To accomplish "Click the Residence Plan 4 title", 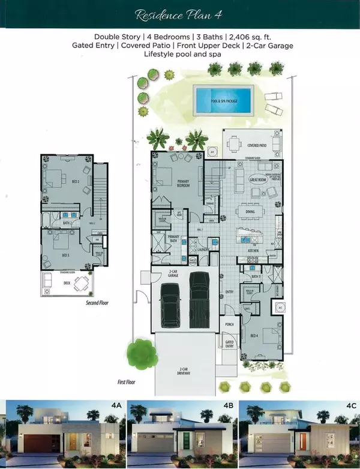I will pos(179,14).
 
